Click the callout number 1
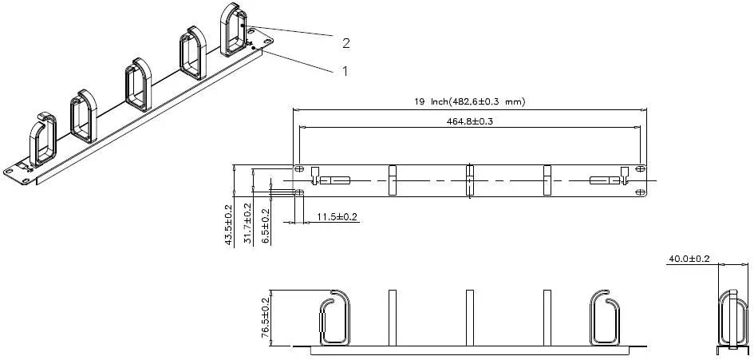click(345, 71)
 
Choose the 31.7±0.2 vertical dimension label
click(248, 224)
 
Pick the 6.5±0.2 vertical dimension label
click(266, 226)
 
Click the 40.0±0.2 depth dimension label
click(689, 259)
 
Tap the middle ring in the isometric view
click(137, 85)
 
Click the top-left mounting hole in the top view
click(298, 169)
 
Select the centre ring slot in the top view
click(470, 180)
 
